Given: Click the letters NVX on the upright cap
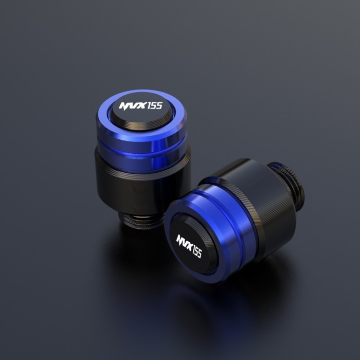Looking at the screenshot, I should [132, 107].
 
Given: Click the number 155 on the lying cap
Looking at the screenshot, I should [196, 250].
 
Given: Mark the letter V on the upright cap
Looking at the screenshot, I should [132, 107].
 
